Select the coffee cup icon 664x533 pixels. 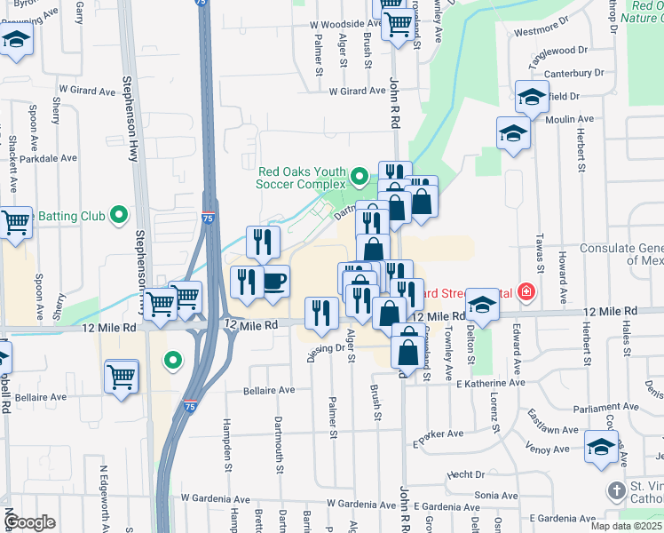(274, 282)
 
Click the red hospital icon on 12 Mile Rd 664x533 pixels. (526, 291)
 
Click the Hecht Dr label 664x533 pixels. (466, 475)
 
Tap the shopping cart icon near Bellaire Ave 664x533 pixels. (122, 375)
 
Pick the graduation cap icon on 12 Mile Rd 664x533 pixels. (482, 305)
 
